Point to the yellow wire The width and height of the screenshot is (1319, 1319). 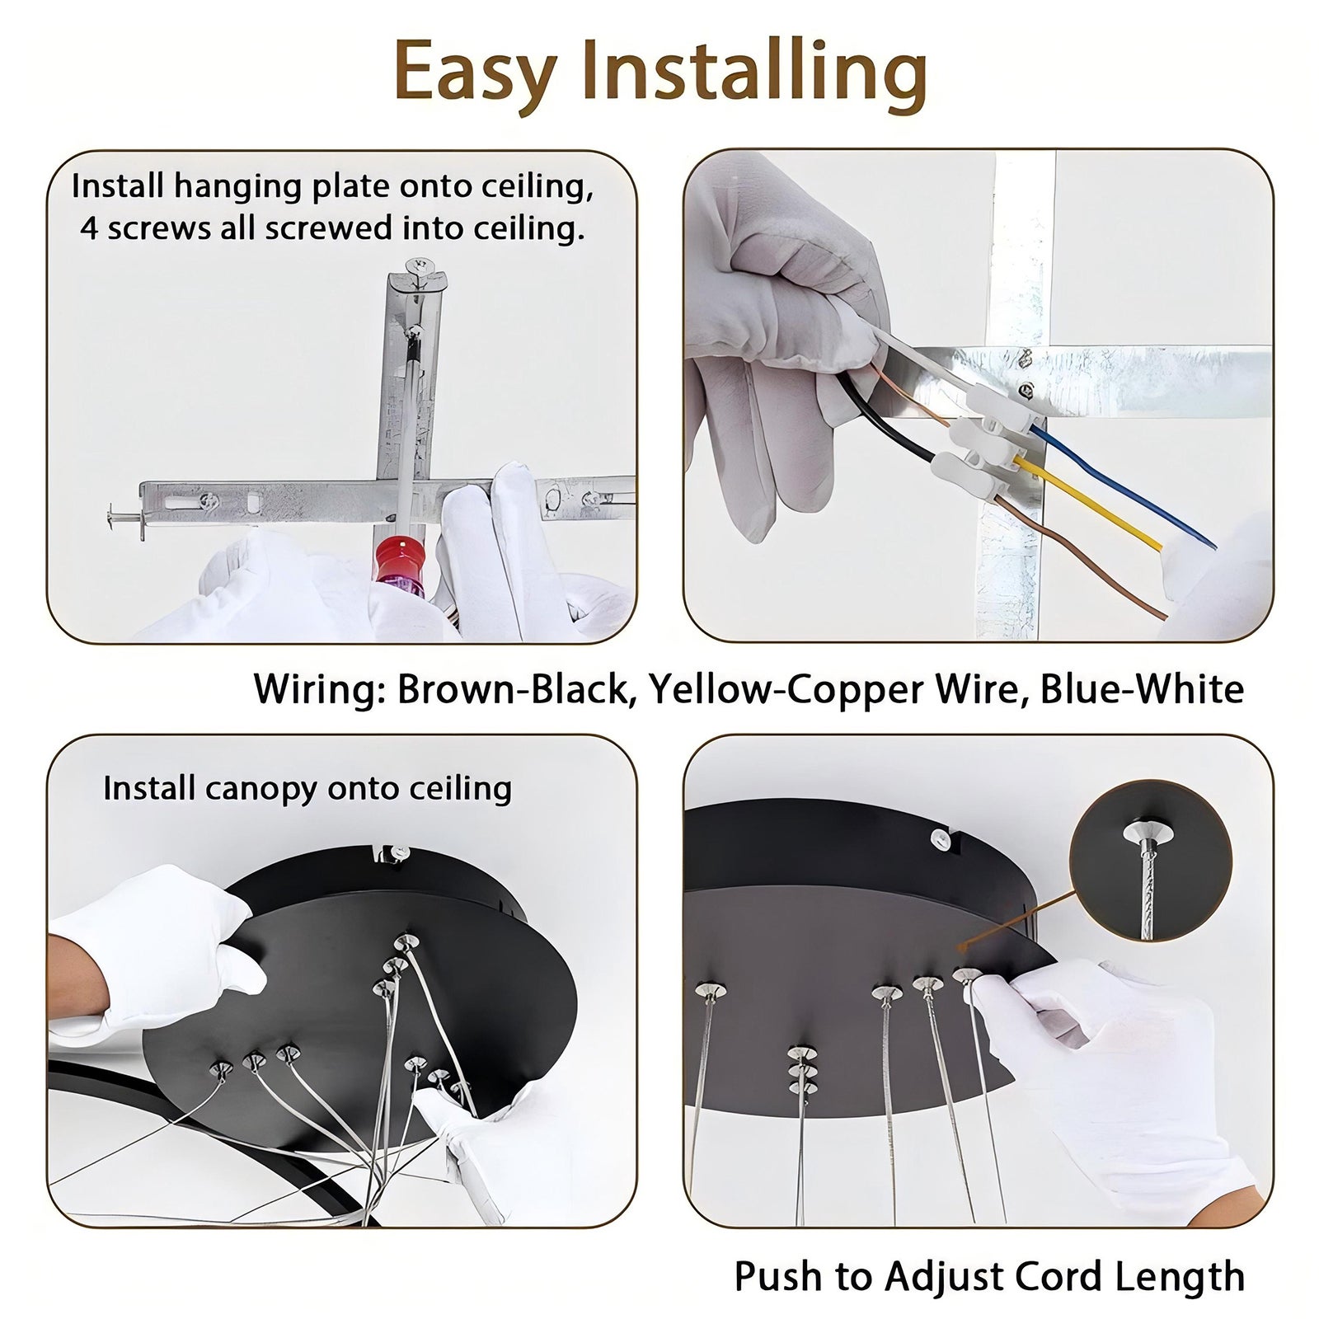tap(1088, 505)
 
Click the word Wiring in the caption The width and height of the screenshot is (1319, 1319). tap(319, 689)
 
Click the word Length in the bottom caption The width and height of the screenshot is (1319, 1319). tap(1187, 1277)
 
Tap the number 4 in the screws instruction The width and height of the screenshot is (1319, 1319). tap(90, 228)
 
